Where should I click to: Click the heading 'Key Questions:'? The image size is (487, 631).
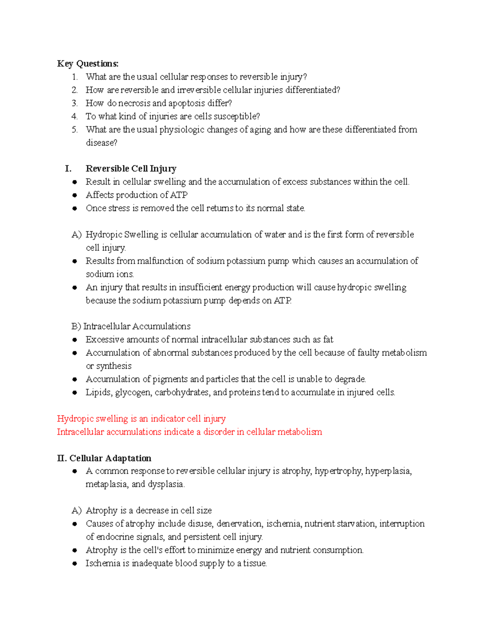pos(88,64)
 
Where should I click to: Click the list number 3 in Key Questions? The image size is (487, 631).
pos(74,103)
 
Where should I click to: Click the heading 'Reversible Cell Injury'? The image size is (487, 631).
pos(131,169)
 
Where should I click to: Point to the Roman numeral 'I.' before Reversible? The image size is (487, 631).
pos(68,169)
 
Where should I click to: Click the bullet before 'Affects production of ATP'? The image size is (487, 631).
pos(75,195)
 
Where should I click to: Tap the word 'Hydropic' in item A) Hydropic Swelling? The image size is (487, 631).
pos(104,235)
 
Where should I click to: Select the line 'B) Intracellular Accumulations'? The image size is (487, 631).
pos(131,326)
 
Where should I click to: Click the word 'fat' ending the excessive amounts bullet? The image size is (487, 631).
pos(328,340)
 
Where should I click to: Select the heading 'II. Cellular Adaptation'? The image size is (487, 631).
pos(104,458)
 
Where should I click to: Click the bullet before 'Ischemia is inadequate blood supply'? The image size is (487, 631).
pos(75,564)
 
